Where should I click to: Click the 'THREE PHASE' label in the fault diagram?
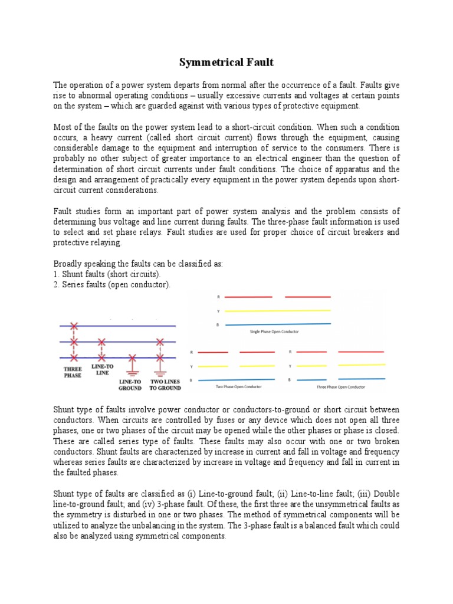coord(73,372)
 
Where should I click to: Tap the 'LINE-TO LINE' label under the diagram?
coord(103,370)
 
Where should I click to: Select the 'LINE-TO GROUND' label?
coord(130,385)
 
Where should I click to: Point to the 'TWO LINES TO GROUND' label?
coord(165,385)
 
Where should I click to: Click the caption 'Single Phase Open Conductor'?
coord(275,332)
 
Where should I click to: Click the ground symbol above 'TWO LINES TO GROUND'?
coord(159,373)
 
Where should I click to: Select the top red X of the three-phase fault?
coord(74,326)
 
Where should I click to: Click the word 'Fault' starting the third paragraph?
coord(63,212)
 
